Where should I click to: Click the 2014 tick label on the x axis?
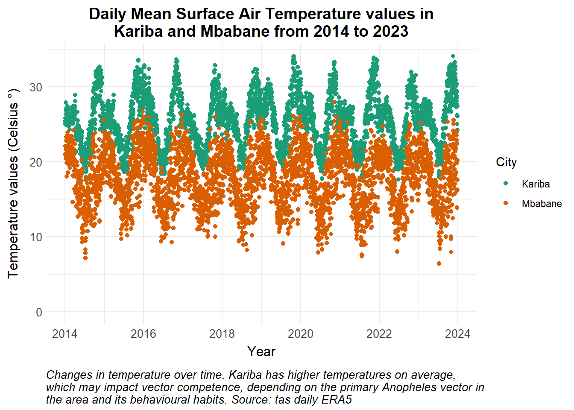tap(64, 334)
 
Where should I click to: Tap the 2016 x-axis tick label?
tap(143, 334)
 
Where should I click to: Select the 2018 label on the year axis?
tap(222, 334)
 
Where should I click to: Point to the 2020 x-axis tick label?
tap(301, 334)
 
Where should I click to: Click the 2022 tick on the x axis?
tap(379, 334)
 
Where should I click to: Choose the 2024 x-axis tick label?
tap(458, 334)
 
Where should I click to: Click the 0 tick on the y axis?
tap(39, 312)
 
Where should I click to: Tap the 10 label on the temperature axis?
tap(36, 237)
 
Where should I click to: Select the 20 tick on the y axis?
tap(36, 162)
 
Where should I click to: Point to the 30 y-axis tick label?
tap(36, 87)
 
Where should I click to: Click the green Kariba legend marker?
tap(506, 184)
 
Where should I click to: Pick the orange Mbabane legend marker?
tap(506, 203)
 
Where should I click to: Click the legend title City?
tap(506, 162)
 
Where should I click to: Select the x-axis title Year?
tap(261, 351)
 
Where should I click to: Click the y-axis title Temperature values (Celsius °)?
tap(13, 184)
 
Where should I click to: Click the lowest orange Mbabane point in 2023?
tap(439, 264)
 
